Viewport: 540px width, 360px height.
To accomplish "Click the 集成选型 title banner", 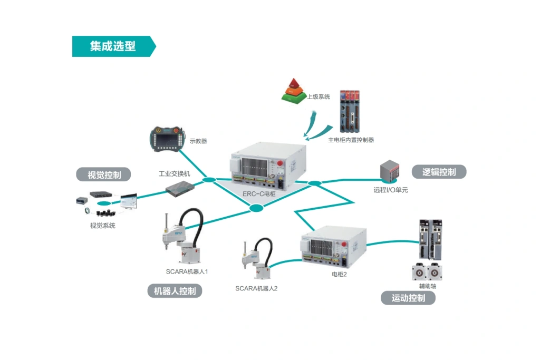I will point(113,46).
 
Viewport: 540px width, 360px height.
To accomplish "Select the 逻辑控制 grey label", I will point(439,172).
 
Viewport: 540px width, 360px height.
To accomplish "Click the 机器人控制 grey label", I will point(174,291).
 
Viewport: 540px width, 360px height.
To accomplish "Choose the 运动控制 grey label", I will point(408,298).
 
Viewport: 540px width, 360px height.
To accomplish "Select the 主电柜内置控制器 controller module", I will point(350,112).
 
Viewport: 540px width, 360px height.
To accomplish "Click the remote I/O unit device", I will point(391,172).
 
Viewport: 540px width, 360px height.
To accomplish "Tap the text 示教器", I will point(198,141).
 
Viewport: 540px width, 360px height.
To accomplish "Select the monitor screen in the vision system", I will point(129,201).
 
